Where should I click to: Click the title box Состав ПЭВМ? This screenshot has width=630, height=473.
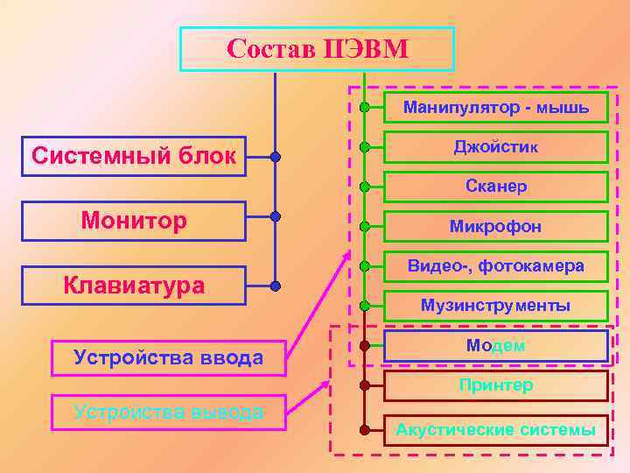coord(317,49)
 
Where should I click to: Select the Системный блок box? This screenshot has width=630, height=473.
coord(134,157)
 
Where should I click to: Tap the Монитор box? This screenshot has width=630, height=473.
coord(134,221)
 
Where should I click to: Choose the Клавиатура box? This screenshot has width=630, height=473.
coord(134,286)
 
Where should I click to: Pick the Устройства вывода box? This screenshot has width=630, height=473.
coord(168,413)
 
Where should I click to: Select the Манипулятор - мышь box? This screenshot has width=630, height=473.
coord(495,109)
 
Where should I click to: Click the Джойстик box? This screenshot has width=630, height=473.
coord(495,147)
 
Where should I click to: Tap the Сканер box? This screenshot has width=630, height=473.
coord(495,187)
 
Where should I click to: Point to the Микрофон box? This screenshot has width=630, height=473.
coord(495,226)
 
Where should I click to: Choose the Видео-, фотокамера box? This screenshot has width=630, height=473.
coord(495,266)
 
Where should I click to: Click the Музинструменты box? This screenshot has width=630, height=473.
coord(495,306)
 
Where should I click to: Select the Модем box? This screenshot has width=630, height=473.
coord(495,346)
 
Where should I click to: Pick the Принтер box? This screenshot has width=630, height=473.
coord(495,385)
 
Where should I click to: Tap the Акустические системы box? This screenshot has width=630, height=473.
coord(495,430)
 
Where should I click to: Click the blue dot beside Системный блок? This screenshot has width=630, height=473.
coord(276,158)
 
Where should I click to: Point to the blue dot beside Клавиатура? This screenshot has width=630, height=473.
coord(276,286)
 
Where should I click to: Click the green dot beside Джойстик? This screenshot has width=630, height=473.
coord(364,147)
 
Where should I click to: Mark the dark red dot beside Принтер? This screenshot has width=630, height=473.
coord(364,385)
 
